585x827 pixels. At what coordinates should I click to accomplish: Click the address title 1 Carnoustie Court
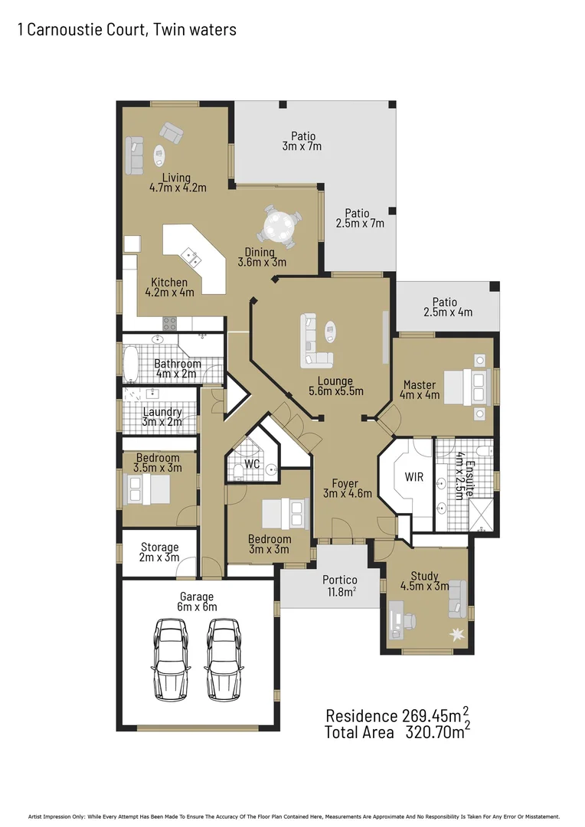point(127,30)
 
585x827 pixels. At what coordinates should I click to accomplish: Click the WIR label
point(414,477)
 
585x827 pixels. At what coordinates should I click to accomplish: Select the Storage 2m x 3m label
point(159,552)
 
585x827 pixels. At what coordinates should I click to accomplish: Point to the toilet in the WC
point(238,468)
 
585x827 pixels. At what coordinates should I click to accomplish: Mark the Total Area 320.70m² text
point(397,733)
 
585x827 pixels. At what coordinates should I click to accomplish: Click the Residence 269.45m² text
point(397,715)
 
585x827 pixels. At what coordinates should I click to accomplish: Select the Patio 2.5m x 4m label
point(448,307)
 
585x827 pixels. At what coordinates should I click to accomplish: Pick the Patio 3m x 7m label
point(302,142)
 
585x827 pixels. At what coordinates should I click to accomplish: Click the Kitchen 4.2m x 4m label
point(169,286)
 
